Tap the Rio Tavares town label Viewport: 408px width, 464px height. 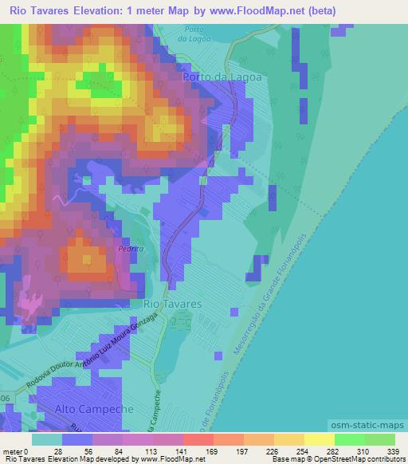[x=171, y=304]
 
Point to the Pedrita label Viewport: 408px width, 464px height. [x=129, y=248]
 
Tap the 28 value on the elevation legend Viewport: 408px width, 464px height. [x=57, y=452]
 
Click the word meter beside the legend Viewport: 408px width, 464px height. [x=13, y=452]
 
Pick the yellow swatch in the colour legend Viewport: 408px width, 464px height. [x=320, y=439]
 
